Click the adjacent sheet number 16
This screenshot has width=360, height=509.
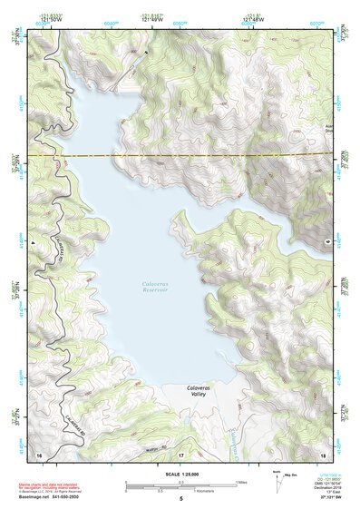38,453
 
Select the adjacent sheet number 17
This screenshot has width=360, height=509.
180,453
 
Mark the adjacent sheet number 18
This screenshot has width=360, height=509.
323,453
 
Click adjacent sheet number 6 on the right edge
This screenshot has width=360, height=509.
327,243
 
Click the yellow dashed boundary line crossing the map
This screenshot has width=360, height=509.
181,156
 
